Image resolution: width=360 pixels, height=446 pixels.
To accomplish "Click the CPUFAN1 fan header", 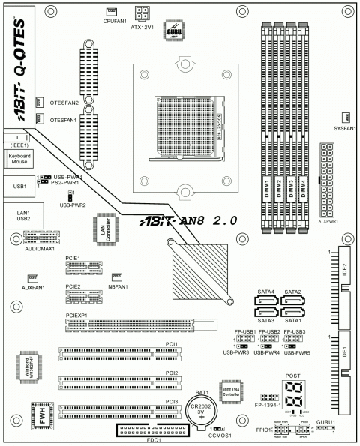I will coord(111,13).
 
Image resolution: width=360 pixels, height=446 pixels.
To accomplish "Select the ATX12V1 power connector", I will coord(142,13).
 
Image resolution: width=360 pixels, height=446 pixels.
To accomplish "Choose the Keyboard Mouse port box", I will coord(19,158).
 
